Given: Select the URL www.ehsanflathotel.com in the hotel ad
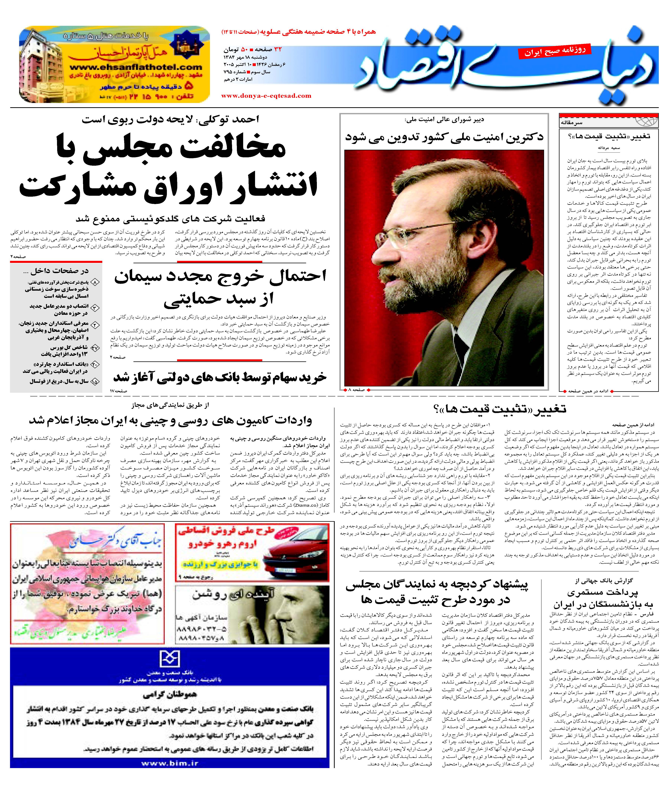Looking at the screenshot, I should pos(136,68).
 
